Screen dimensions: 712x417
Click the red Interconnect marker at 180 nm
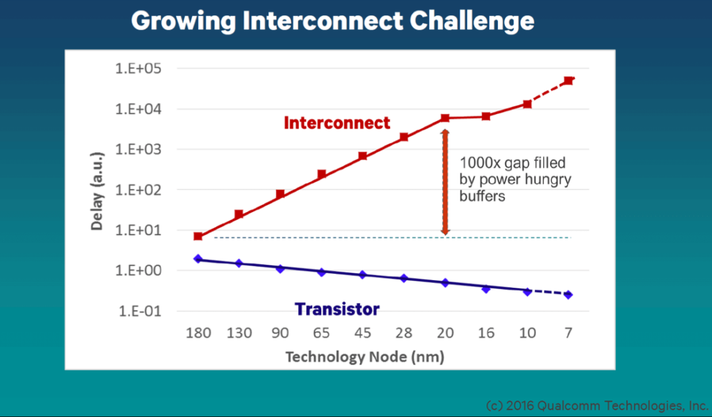198,236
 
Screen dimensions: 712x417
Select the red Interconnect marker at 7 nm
568,81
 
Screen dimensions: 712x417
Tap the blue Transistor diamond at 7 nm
568,295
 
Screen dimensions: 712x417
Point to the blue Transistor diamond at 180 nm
198,259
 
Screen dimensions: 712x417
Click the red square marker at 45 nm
362,156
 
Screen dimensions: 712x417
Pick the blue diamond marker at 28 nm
404,278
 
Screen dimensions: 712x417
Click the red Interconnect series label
337,123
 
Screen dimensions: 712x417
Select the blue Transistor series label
337,309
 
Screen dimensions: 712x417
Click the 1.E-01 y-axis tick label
140,311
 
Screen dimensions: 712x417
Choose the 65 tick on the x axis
321,333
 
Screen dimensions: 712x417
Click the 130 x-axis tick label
239,333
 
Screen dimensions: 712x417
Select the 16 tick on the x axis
486,333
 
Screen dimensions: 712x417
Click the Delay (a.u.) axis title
97,191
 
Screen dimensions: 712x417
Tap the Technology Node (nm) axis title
364,357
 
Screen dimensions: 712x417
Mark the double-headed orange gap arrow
445,182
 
